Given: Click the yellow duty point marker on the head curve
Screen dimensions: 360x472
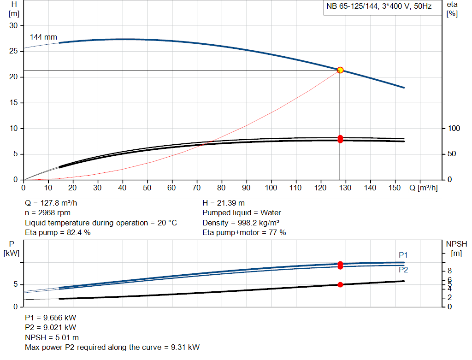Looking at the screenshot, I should (340, 70).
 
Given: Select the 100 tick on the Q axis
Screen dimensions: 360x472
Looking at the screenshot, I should (271, 188).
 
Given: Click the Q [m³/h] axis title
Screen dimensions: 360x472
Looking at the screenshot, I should (423, 188).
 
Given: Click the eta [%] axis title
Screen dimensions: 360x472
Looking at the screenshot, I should (452, 9).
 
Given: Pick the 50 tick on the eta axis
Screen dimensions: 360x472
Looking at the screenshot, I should (452, 154).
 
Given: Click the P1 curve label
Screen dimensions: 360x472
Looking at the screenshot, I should (403, 255).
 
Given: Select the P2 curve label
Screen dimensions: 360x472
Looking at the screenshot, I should (403, 270).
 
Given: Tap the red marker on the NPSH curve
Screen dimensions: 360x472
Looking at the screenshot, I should (340, 284).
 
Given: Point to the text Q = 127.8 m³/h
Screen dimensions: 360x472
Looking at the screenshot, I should (54, 203).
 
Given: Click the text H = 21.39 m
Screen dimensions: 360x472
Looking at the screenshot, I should (224, 203).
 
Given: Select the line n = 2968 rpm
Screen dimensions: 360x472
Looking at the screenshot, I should (48, 213).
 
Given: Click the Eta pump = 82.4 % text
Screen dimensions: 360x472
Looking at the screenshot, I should (58, 233).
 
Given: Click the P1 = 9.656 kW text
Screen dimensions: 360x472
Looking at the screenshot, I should (50, 318).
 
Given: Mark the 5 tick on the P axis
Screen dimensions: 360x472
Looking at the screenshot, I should (15, 285).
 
